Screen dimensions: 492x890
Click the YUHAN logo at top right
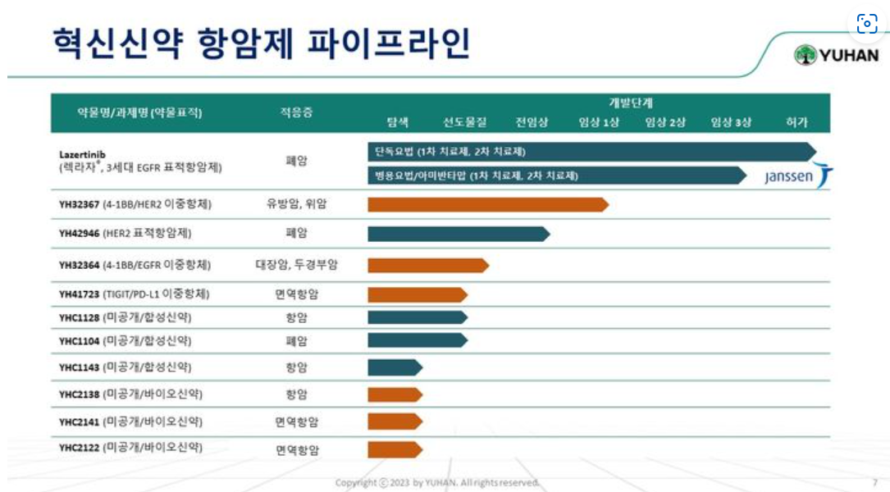836,56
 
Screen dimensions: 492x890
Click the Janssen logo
798,176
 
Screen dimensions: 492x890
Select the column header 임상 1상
599,122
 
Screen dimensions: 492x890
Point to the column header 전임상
532,122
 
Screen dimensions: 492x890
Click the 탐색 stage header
398,122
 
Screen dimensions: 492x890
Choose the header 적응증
296,113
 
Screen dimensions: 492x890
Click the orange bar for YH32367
488,204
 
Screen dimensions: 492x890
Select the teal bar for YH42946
459,234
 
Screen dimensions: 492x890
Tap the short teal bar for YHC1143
395,367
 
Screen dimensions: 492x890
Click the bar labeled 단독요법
591,152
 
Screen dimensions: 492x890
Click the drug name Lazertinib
82,153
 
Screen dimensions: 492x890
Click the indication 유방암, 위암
296,204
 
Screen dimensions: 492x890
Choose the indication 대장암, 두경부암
296,265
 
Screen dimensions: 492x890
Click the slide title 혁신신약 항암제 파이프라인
261,43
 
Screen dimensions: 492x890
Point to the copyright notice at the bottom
437,482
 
